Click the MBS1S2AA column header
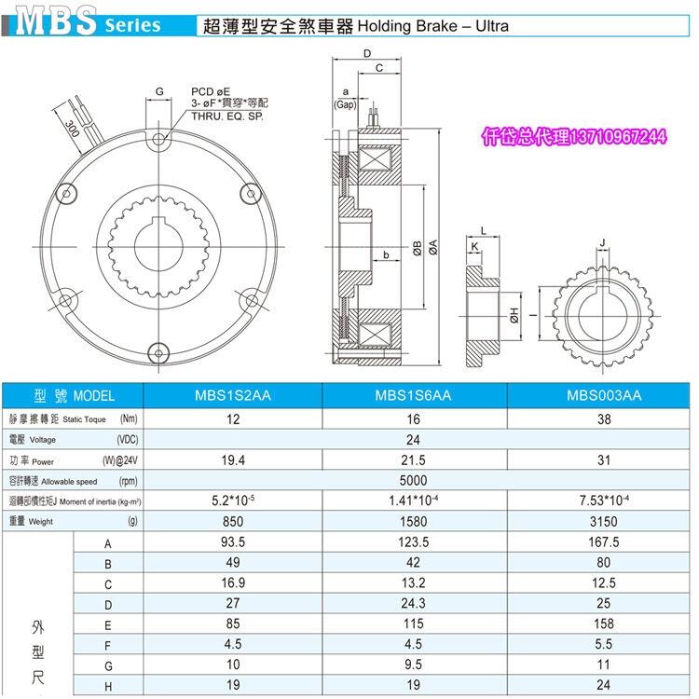point(233,395)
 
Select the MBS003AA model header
point(604,395)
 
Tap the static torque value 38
point(604,419)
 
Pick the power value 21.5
point(413,460)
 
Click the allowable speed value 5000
point(413,481)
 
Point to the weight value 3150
point(604,521)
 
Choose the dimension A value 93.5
point(233,541)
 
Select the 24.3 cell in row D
point(413,603)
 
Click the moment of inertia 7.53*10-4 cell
point(604,500)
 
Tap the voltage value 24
point(413,440)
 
